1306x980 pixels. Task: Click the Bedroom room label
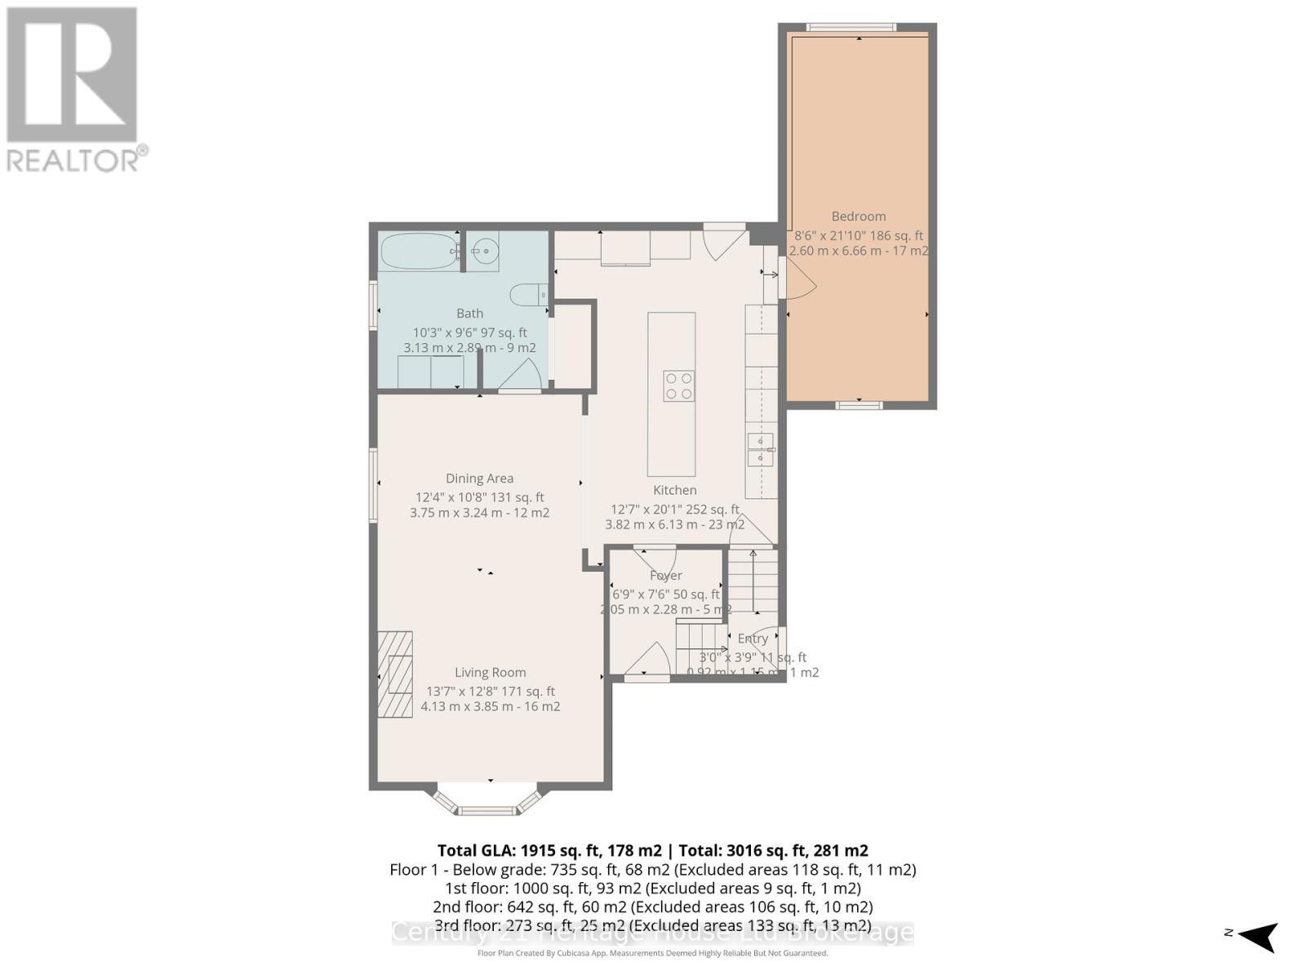click(x=858, y=216)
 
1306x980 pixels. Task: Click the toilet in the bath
click(x=528, y=293)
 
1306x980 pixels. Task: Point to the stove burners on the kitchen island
click(x=679, y=385)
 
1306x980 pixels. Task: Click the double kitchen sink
click(x=761, y=450)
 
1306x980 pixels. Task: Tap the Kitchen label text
click(x=674, y=490)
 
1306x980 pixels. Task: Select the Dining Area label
click(x=479, y=479)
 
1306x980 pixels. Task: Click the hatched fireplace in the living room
click(x=395, y=674)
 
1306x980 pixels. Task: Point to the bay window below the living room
click(x=486, y=802)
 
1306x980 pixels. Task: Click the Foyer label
click(x=665, y=576)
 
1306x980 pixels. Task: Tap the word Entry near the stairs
click(x=753, y=639)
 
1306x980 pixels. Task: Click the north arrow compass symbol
click(x=1258, y=935)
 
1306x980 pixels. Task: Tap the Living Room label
click(x=490, y=672)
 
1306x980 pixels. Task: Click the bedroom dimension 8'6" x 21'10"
click(x=858, y=235)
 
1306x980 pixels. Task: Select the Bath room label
click(x=469, y=314)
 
